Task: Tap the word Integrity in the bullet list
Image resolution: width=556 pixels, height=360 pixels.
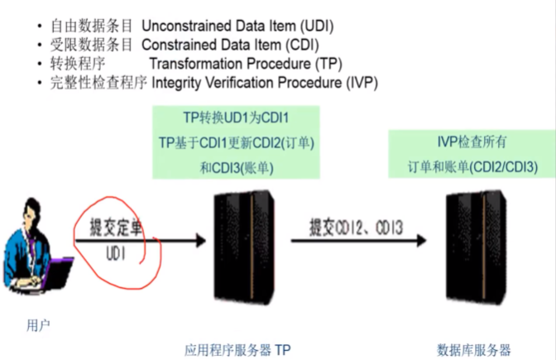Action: [x=175, y=83]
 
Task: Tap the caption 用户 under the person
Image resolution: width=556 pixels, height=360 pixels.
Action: [x=38, y=325]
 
